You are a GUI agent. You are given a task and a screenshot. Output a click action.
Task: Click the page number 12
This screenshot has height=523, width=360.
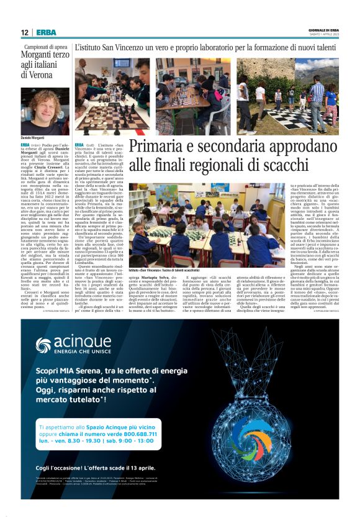[x=24, y=32]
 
